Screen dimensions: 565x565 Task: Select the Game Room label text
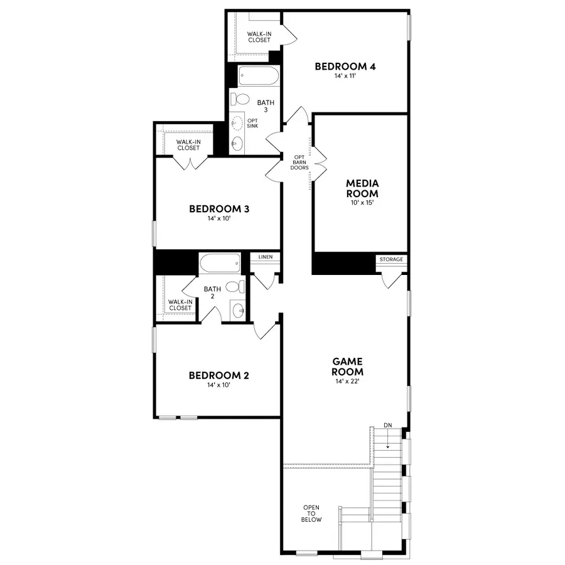pyautogui.click(x=348, y=366)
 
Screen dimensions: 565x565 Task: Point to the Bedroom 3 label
pyautogui.click(x=220, y=208)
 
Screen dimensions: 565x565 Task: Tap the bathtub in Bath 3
pyautogui.click(x=258, y=77)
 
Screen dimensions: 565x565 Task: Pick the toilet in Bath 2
pyautogui.click(x=234, y=287)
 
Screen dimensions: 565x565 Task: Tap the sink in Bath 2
pyautogui.click(x=237, y=309)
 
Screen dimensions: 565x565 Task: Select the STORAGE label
pyautogui.click(x=391, y=259)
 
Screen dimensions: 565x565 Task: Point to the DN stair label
pyautogui.click(x=387, y=426)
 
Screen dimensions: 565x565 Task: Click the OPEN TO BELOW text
pyautogui.click(x=311, y=514)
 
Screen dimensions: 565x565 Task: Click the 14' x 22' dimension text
pyautogui.click(x=348, y=380)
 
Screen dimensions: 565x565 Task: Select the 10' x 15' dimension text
pyautogui.click(x=362, y=203)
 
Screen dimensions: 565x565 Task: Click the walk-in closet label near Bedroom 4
pyautogui.click(x=259, y=36)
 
